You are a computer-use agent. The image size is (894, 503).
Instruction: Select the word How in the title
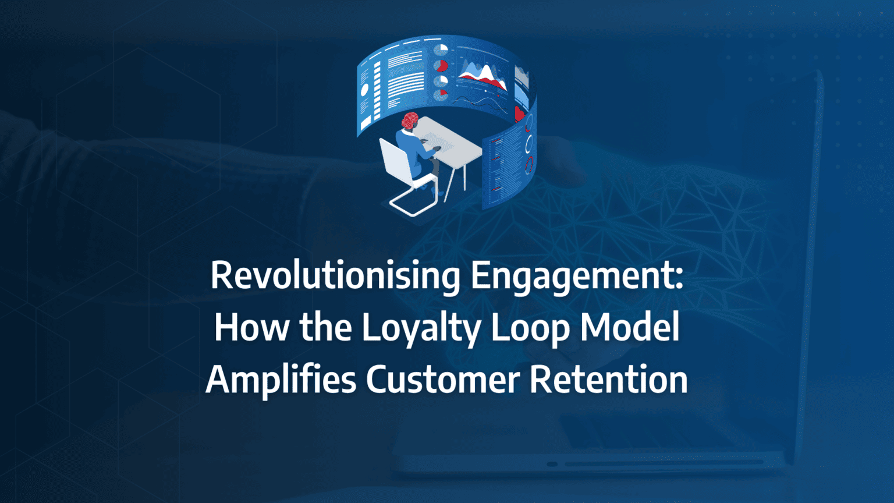[x=251, y=327]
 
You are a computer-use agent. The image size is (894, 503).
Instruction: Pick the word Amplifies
[x=281, y=379]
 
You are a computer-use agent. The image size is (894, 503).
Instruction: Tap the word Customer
[x=442, y=379]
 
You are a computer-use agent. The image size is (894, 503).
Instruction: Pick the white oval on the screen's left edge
[x=364, y=90]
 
